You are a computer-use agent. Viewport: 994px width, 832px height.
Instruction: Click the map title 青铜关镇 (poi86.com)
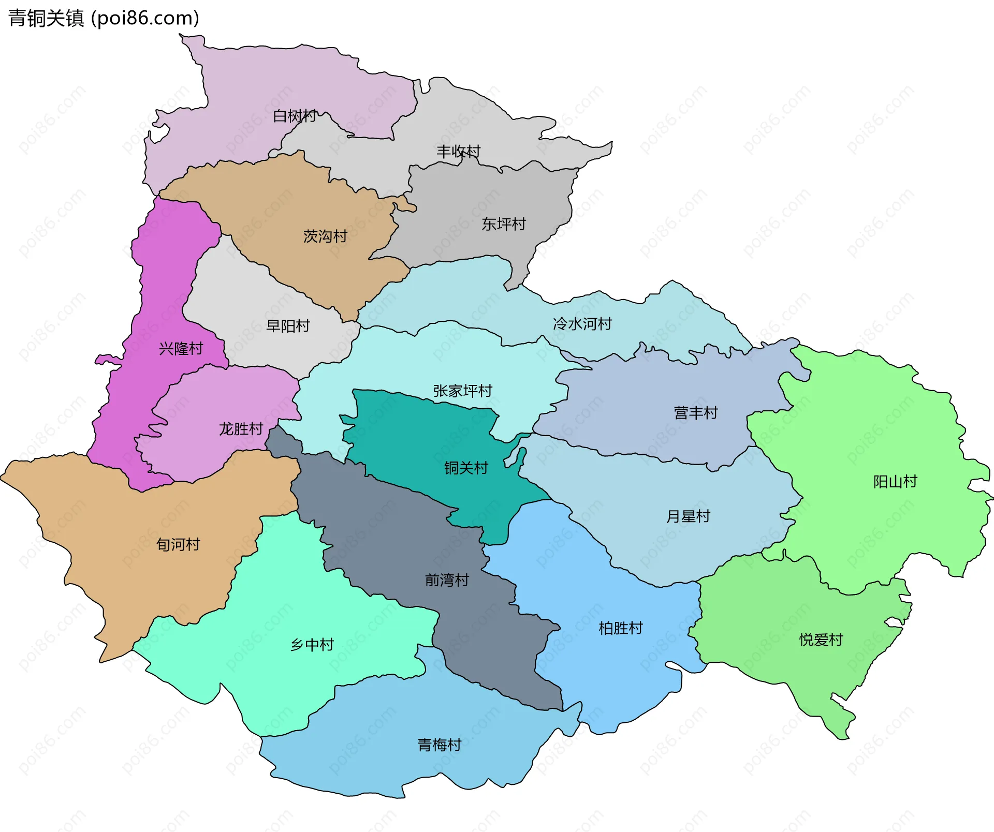point(104,18)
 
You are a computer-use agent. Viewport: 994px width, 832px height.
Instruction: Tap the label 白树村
point(295,116)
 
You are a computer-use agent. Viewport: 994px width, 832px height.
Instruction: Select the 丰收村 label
point(458,151)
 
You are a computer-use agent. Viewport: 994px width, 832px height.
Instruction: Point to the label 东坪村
point(503,224)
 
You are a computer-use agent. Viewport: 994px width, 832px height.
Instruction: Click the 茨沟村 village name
point(325,236)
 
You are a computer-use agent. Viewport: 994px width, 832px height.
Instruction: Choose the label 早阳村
point(288,326)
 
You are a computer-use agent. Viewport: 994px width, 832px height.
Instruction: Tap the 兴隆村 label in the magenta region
point(181,349)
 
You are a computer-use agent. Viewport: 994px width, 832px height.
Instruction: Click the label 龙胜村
point(241,429)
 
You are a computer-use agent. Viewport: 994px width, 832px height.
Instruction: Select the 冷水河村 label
point(582,324)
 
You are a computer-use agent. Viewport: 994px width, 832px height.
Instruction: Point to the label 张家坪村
point(462,391)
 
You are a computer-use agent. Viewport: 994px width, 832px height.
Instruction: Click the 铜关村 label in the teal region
point(466,468)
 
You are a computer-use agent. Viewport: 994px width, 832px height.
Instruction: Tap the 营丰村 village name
point(696,413)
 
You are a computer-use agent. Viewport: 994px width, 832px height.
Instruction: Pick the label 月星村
point(688,516)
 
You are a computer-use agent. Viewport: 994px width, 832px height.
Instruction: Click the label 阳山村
point(895,482)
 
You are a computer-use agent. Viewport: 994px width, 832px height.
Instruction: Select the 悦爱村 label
point(821,640)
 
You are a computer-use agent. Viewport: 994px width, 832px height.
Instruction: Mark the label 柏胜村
point(621,628)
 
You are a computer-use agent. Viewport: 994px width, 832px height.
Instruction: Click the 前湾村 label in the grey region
point(447,580)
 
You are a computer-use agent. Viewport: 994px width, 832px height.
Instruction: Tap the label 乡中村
point(312,645)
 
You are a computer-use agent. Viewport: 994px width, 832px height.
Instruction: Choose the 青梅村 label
point(440,745)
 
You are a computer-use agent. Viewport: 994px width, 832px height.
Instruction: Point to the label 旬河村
point(178,544)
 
